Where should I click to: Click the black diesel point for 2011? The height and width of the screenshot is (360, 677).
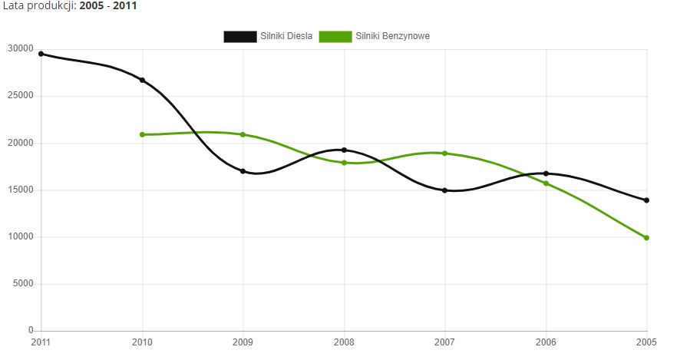tap(41, 54)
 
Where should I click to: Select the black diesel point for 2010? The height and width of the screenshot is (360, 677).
tap(142, 80)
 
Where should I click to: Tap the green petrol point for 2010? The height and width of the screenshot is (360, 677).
tap(142, 134)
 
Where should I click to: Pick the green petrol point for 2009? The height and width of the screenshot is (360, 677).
tap(243, 134)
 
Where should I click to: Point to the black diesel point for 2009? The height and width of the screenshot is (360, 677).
tap(243, 171)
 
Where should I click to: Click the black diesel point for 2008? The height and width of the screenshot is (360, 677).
tap(344, 150)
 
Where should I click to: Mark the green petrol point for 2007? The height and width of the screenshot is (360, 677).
tap(444, 153)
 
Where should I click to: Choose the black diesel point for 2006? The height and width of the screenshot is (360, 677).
tap(546, 173)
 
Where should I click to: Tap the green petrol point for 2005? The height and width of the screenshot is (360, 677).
tap(647, 238)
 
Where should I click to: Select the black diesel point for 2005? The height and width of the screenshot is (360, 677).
tap(647, 200)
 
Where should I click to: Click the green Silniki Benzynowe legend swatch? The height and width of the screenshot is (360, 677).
tap(335, 37)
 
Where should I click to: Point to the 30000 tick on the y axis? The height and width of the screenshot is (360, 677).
tap(21, 49)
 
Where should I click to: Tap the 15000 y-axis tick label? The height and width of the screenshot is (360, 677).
tap(21, 190)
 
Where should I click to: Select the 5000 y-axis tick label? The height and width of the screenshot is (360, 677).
tap(23, 284)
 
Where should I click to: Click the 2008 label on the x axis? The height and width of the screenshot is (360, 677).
tap(344, 342)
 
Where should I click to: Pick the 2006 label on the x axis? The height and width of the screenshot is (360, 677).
tap(546, 342)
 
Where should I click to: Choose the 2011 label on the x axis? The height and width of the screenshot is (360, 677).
tap(41, 342)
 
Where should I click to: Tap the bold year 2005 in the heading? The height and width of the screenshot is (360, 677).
tap(92, 5)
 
